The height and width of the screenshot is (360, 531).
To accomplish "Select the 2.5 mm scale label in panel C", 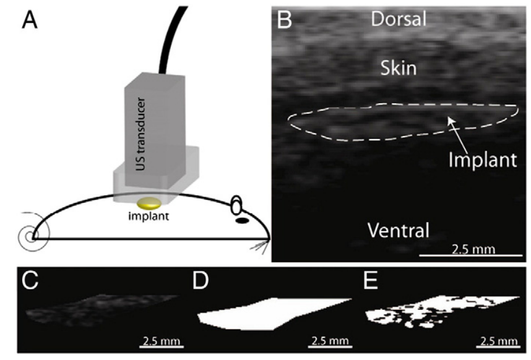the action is [158, 341].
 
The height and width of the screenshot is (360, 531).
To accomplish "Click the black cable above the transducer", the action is [171, 37].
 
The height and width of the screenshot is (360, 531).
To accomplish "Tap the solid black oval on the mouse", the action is [243, 220].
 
